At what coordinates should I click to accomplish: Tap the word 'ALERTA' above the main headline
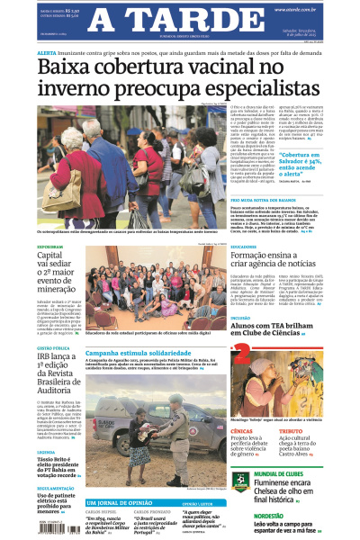pyautogui.click(x=49, y=54)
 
